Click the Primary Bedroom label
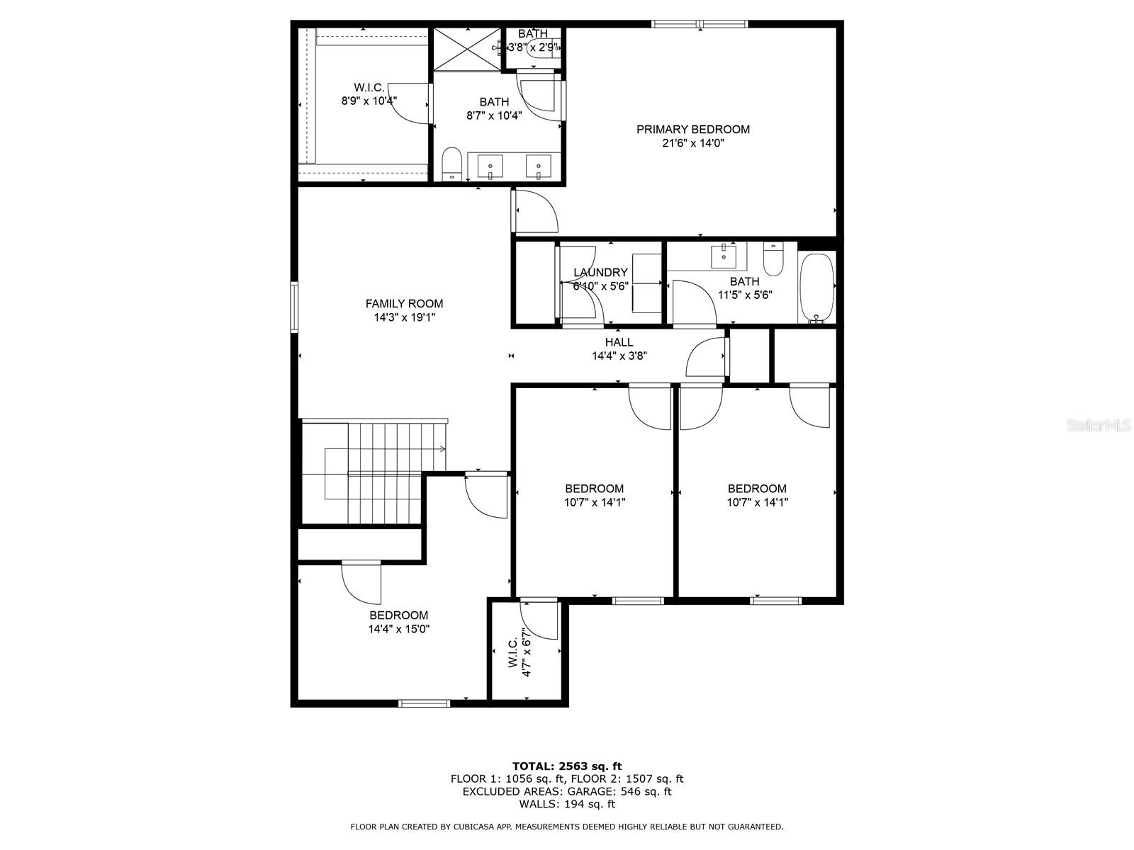(692, 130)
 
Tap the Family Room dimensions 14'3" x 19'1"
(404, 318)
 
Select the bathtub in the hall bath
(816, 287)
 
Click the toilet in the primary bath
(451, 164)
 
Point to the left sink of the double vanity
(490, 167)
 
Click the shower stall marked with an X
(467, 49)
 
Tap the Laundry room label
(600, 273)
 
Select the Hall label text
(619, 343)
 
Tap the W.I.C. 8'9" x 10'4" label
(369, 94)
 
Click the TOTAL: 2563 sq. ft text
(566, 766)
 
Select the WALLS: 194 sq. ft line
(566, 804)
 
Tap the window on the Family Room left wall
(294, 307)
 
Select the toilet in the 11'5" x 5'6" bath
(773, 259)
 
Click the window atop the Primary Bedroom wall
(699, 24)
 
